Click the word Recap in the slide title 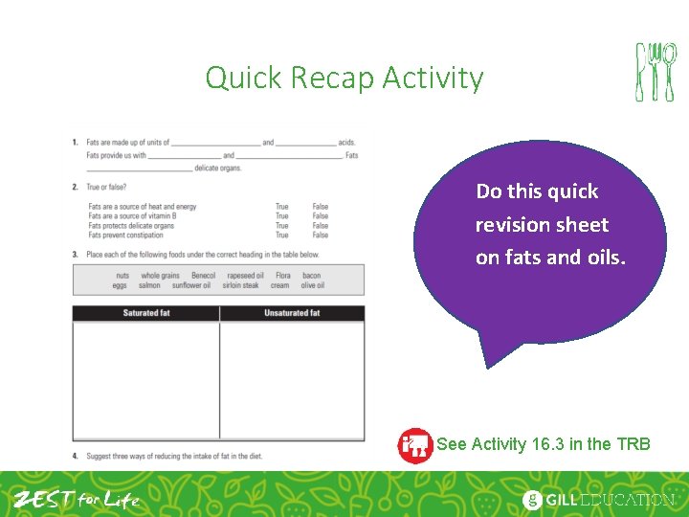click(x=325, y=78)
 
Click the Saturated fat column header click(x=146, y=313)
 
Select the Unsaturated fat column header click(x=292, y=313)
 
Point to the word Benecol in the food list click(x=204, y=276)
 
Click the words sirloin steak click(x=240, y=285)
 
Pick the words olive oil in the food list click(x=313, y=285)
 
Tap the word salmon click(x=149, y=285)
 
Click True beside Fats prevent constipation click(x=281, y=235)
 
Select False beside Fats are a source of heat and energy click(x=320, y=207)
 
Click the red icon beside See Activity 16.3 click(x=414, y=444)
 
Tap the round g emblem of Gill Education click(x=532, y=500)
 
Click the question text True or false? click(x=106, y=188)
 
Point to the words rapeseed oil click(x=246, y=276)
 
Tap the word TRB click(x=633, y=444)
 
